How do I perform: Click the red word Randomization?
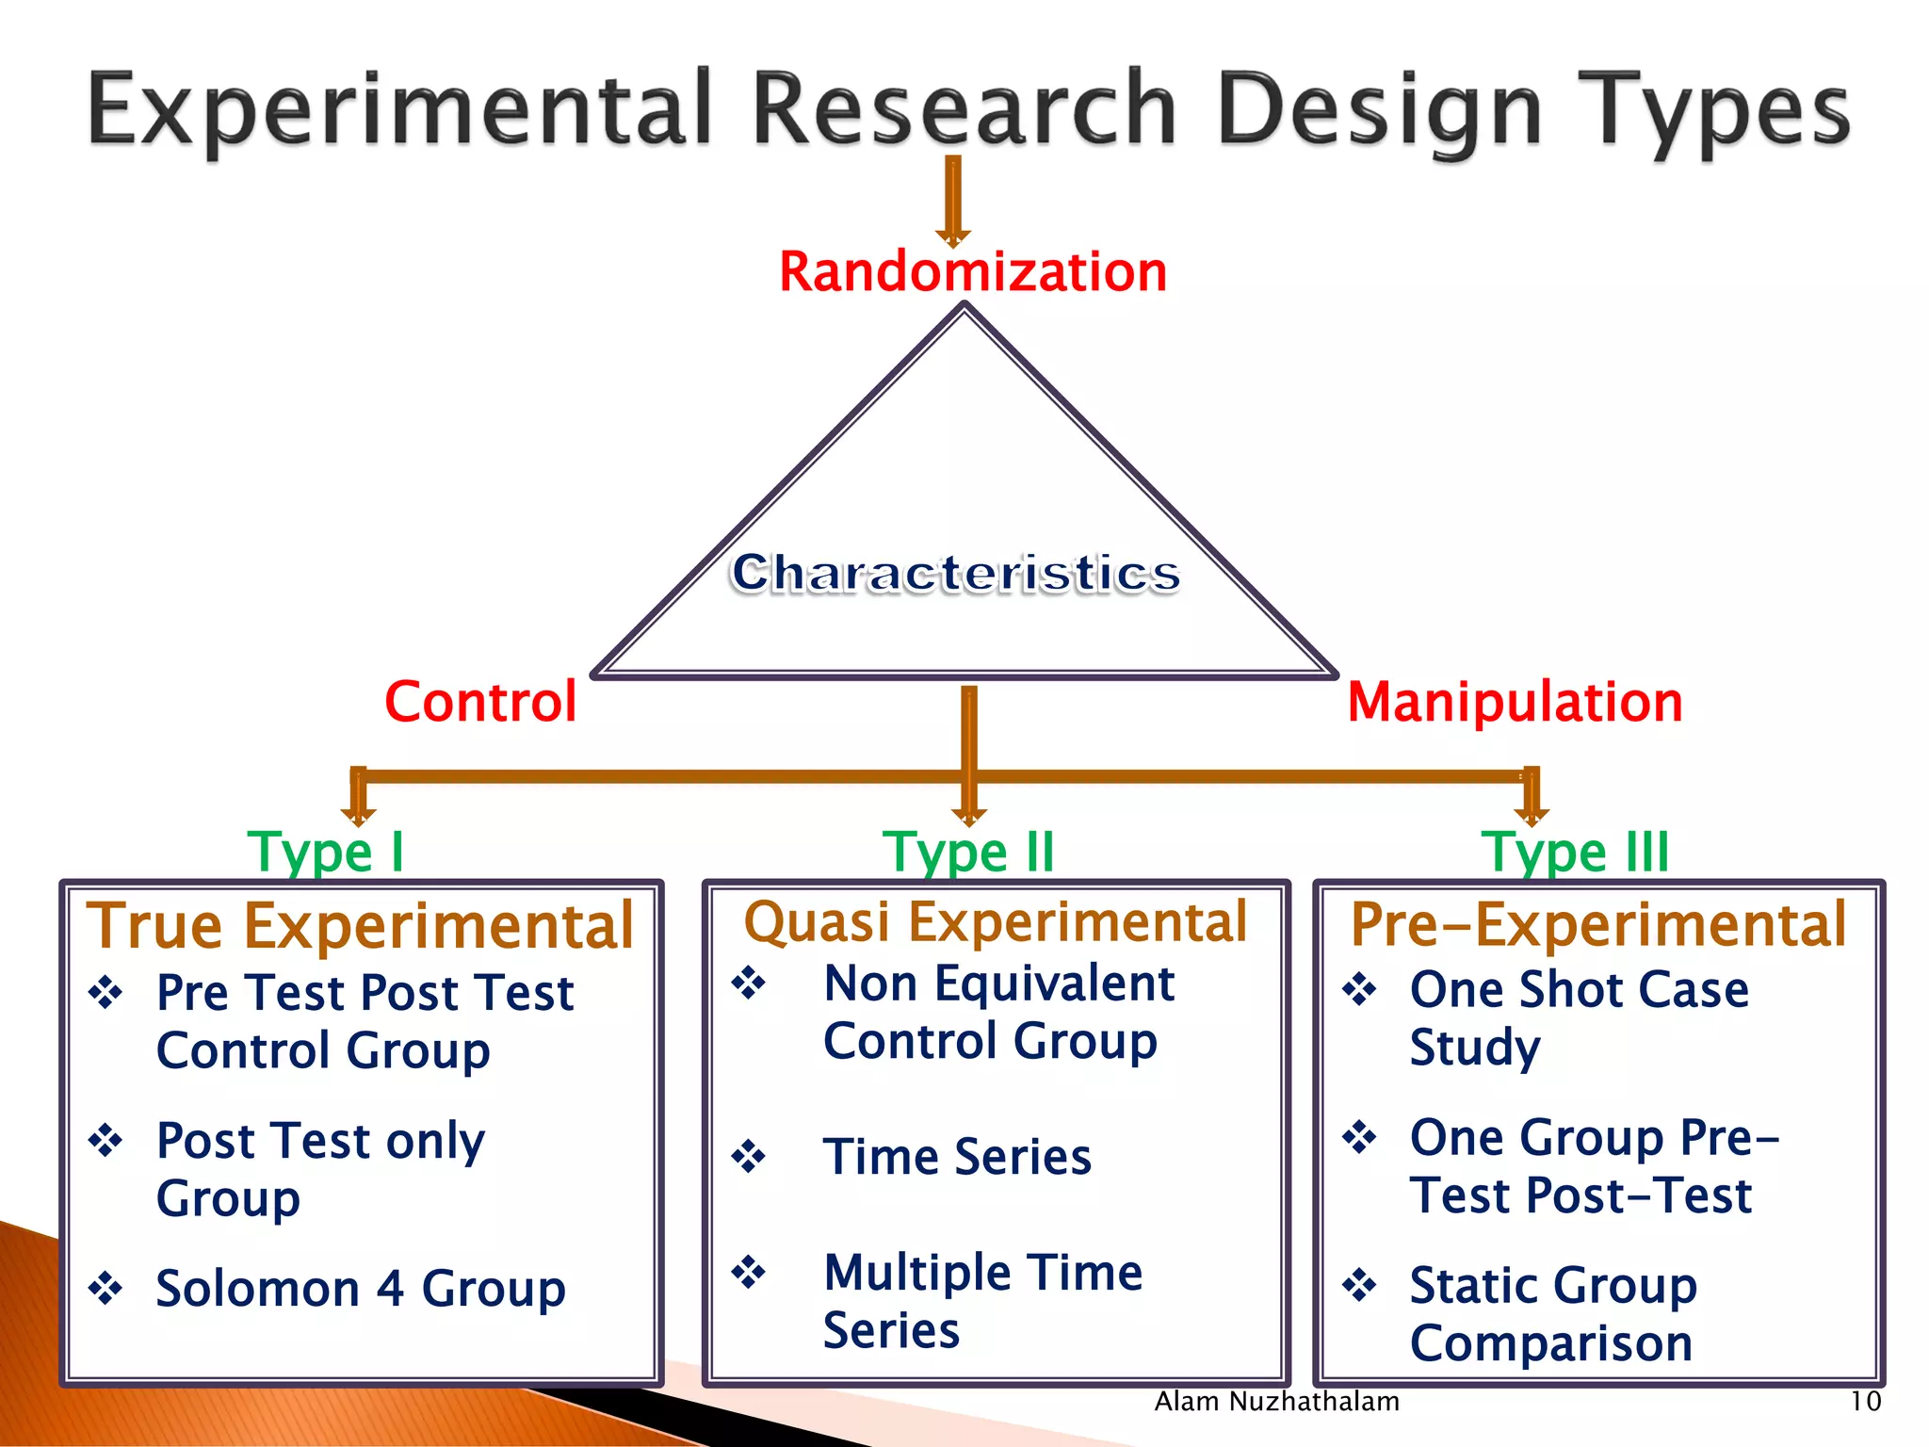972,272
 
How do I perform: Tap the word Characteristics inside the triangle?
955,573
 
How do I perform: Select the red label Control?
480,702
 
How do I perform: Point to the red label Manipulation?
1515,702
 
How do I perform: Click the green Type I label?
325,852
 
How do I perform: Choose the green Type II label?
968,852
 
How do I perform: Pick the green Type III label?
1575,852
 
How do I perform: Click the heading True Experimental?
360,925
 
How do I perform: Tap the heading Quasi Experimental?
995,921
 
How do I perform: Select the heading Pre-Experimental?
1597,924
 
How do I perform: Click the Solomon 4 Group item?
360,1288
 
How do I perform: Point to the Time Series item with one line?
956,1156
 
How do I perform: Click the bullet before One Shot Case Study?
1359,989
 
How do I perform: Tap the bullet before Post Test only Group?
105,1141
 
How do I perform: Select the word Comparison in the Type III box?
1550,1342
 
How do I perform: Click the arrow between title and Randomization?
953,201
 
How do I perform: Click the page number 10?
1865,1402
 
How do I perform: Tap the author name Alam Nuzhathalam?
1276,1402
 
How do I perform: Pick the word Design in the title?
1378,111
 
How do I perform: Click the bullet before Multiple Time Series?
749,1272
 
